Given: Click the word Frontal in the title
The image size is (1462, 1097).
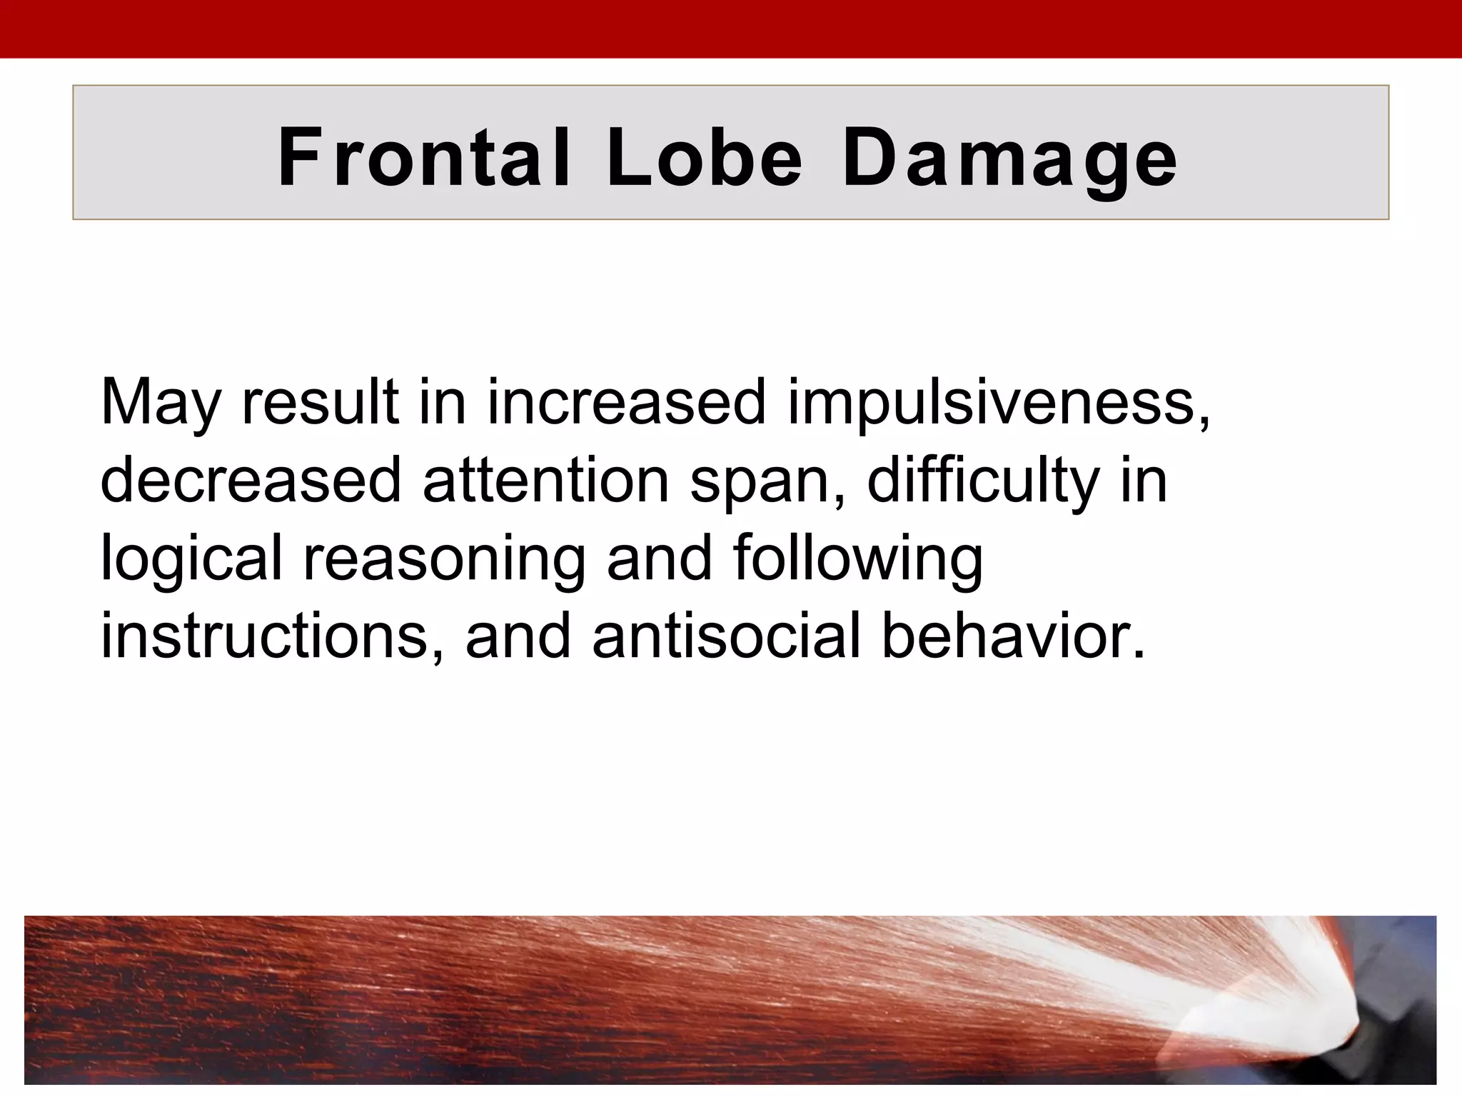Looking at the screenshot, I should coord(424,157).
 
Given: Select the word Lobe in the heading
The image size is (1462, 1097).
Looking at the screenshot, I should coord(705,157).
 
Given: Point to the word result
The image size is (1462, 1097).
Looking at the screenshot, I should coord(320,401).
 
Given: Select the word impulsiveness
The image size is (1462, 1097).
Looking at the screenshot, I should coord(998,404).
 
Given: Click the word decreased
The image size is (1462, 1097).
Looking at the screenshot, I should coord(251,480).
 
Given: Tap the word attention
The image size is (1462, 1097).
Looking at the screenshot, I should coord(546,480).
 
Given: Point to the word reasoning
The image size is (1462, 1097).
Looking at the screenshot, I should coord(444,561).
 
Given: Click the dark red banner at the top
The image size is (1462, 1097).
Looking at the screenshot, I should coord(731,29).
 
